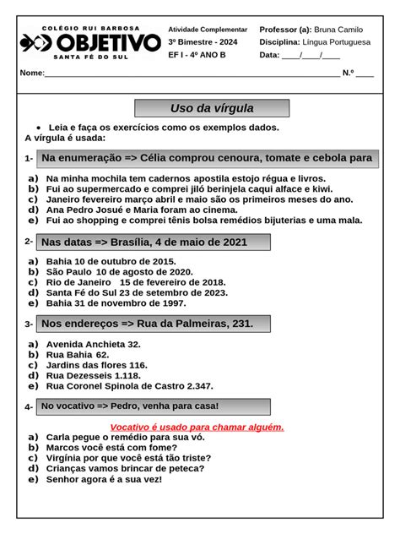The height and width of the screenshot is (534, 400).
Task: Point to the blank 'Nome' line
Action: (x=190, y=73)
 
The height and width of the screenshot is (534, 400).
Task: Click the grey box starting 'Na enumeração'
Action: (x=207, y=158)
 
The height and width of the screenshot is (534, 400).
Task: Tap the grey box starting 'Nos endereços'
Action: (x=154, y=324)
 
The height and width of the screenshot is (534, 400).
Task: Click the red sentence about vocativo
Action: (x=197, y=427)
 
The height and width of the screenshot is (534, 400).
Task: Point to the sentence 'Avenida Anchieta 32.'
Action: (x=93, y=345)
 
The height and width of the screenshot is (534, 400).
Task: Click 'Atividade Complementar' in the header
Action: (x=208, y=29)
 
